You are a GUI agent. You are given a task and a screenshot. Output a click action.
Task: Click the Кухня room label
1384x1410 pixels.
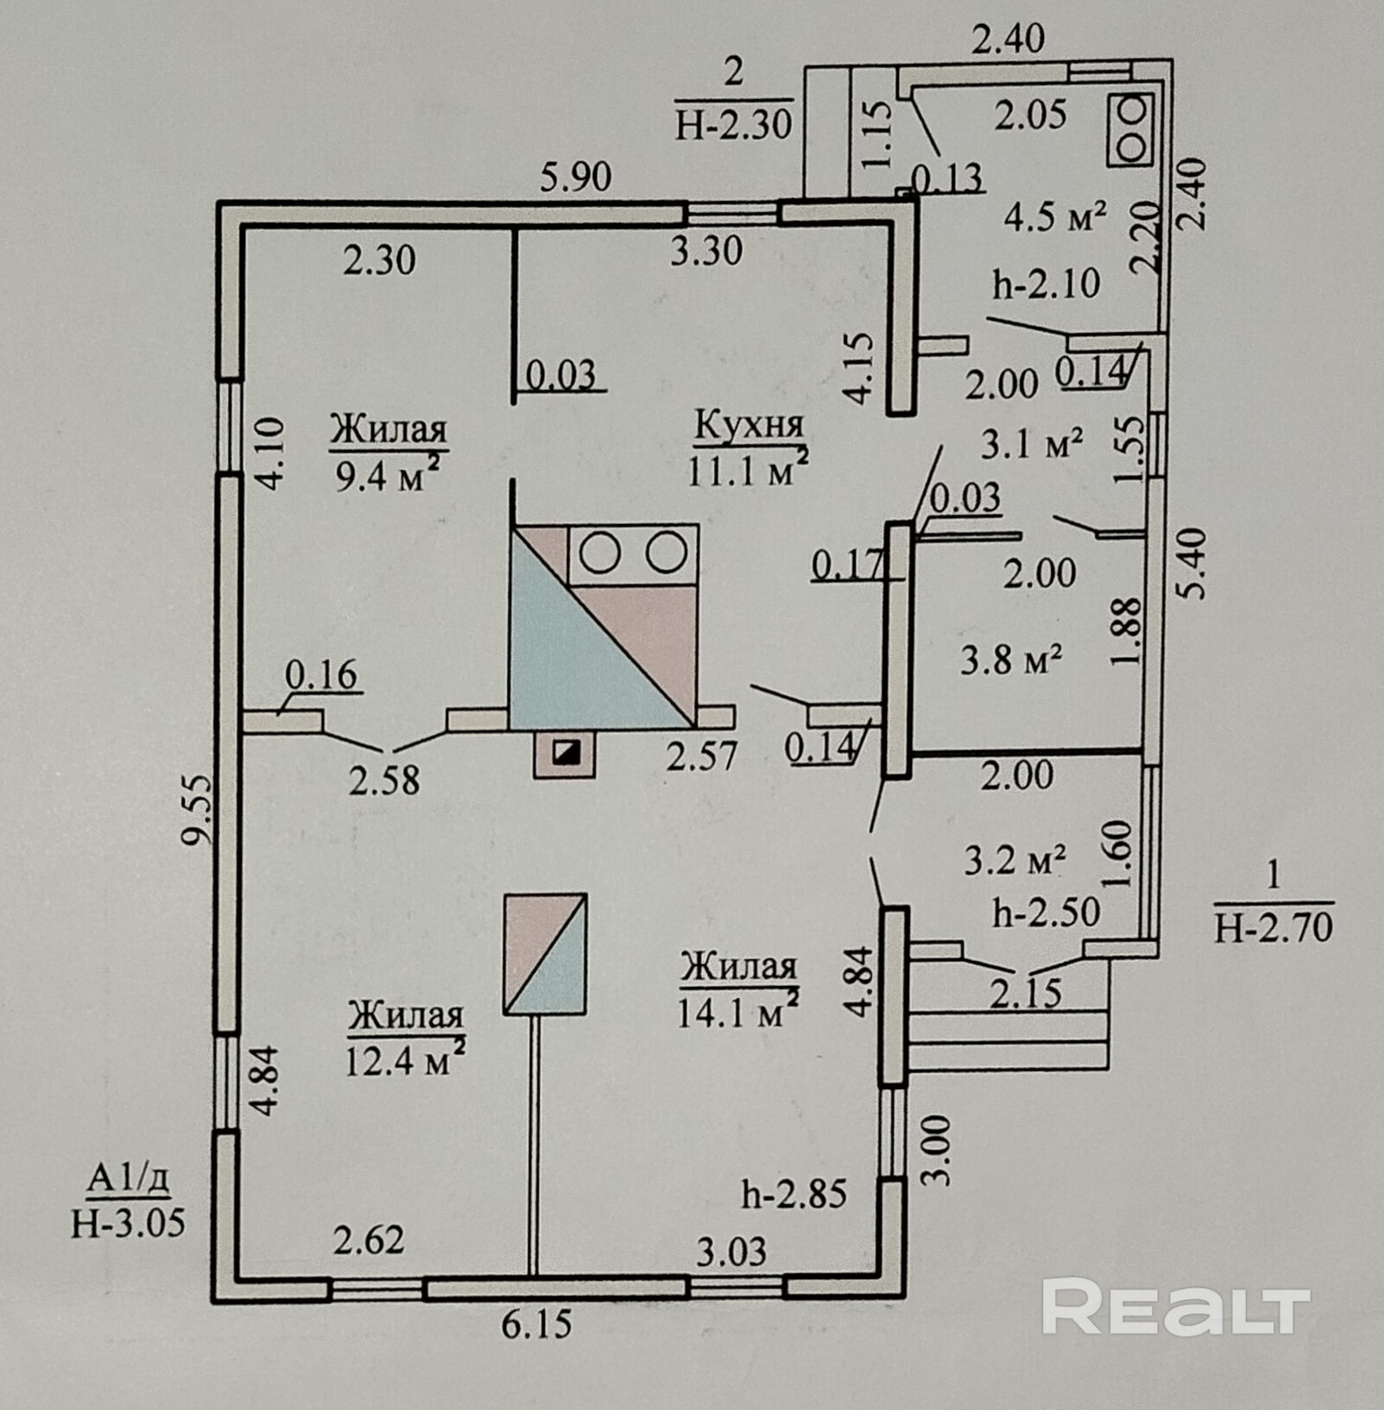(749, 425)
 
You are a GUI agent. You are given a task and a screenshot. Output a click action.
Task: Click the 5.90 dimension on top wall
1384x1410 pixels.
(576, 178)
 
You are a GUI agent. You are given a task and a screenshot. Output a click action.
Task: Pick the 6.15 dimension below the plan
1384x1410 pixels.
(536, 1322)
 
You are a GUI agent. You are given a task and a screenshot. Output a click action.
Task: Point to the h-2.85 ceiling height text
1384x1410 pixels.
(794, 1194)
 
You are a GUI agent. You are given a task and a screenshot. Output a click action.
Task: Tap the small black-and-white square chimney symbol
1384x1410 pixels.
(566, 753)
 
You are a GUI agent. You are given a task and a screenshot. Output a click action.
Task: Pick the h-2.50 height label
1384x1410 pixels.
(1046, 912)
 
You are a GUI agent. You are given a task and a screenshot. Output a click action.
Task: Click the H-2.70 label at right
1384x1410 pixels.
(1273, 926)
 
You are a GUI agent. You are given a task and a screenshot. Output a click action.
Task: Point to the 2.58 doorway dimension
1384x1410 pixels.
(384, 781)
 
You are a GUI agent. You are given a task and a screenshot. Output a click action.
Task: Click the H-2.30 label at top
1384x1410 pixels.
(733, 125)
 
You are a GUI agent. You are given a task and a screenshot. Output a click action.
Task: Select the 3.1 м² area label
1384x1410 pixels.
(1033, 444)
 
